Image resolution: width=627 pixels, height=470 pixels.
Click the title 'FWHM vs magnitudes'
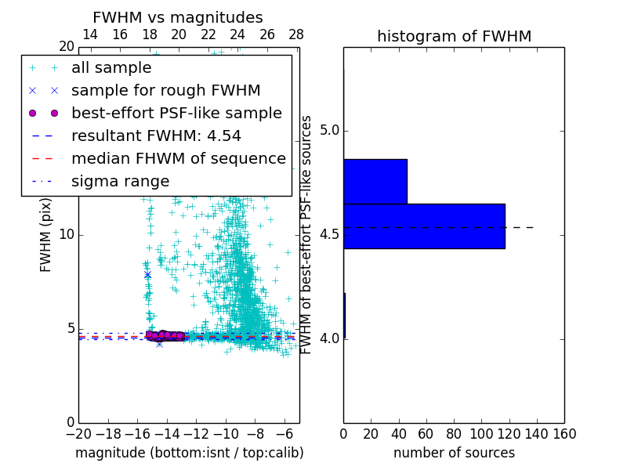(x=178, y=17)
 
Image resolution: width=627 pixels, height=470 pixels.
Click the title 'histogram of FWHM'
(x=454, y=36)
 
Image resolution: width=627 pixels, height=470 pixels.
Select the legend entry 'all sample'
(x=111, y=68)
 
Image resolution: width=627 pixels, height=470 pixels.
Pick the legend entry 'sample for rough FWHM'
(x=166, y=90)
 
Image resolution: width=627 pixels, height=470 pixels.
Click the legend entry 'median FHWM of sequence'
(x=178, y=158)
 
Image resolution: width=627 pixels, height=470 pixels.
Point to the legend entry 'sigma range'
(x=120, y=181)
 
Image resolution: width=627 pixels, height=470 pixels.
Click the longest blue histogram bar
(x=424, y=226)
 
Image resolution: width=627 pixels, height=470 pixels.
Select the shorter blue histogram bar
(x=375, y=181)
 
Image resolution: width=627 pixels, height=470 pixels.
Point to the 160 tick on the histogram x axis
(x=564, y=434)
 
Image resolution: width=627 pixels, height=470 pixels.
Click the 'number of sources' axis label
(x=454, y=453)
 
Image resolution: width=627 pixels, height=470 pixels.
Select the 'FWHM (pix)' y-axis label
(x=46, y=234)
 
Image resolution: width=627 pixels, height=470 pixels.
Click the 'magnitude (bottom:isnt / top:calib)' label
(x=189, y=453)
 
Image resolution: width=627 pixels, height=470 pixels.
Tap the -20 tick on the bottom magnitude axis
(x=78, y=434)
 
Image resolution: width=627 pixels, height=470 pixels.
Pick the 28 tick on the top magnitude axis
(x=296, y=34)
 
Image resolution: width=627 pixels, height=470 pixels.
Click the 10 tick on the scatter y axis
(x=66, y=235)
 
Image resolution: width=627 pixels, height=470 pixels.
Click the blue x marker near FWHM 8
(x=147, y=275)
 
